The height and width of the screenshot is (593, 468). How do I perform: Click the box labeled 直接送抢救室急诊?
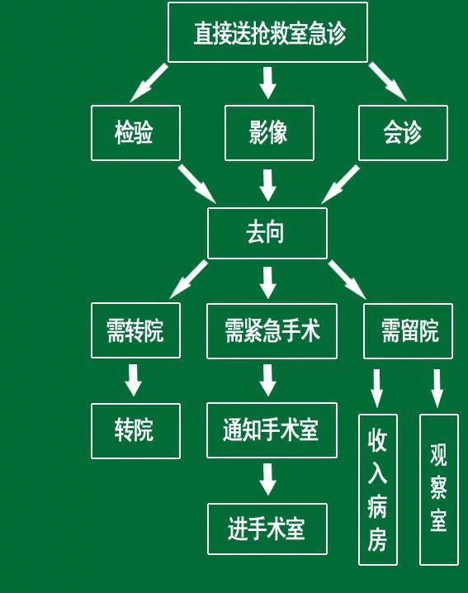coord(267,32)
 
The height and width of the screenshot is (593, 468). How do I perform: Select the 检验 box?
coord(135,133)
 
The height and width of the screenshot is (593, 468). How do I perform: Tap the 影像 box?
coord(270,133)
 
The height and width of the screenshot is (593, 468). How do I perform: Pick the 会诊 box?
coord(403,133)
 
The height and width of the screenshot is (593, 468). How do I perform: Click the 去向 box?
coord(267,234)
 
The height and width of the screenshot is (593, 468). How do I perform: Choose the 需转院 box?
coord(135,330)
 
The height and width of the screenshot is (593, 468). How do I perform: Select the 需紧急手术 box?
coord(272,331)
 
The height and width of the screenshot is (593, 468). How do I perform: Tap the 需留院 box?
coord(408,331)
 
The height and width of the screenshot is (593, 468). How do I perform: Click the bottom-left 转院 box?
coord(135,431)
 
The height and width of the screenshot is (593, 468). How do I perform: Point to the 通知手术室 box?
coord(272,430)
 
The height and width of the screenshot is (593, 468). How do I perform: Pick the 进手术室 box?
coord(267,529)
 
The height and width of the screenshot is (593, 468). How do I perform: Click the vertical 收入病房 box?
coord(378,490)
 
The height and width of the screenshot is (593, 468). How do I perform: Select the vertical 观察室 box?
coord(439,490)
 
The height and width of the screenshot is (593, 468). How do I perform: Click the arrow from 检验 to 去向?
coord(197,184)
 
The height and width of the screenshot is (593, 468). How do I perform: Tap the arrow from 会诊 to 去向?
coord(341,184)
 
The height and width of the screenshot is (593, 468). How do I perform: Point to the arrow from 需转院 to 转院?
coord(134,380)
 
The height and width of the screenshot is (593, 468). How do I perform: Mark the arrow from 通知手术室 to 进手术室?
coord(268,479)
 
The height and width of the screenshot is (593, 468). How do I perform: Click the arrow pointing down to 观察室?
coord(437,388)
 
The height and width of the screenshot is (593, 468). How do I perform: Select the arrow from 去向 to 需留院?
coord(347,280)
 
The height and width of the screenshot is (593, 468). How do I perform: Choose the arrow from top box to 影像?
coord(268,83)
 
